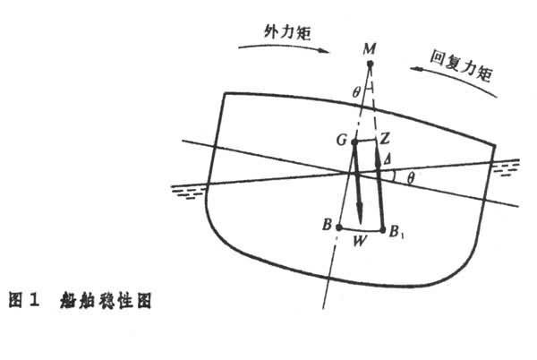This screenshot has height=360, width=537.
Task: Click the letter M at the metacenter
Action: coord(369,49)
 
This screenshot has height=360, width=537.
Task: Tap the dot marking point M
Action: coord(370,64)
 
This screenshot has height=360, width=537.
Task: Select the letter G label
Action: coord(342,140)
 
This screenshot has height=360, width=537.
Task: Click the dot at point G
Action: coord(354,141)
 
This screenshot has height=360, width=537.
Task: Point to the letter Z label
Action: coord(385,139)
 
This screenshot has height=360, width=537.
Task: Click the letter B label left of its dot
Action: coord(327,225)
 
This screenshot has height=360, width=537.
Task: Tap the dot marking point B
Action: coord(339,227)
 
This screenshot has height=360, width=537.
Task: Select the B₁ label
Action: coord(396,232)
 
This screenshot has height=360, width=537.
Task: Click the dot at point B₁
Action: coord(383,230)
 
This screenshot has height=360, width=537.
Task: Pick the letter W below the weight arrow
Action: coord(360,241)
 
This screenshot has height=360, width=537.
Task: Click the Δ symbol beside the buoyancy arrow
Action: coord(387,159)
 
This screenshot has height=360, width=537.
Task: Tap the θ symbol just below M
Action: coord(356,92)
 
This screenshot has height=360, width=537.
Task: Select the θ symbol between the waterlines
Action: coord(411,178)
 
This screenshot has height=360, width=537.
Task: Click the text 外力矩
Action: coord(287,33)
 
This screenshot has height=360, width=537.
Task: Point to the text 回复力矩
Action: coord(461,65)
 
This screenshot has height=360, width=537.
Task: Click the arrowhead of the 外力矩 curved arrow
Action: coord(324,51)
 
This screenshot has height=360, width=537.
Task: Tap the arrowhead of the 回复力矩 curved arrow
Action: coord(416,70)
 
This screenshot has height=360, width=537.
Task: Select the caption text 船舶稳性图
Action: coord(106,301)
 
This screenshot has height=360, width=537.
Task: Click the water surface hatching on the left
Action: coord(188,193)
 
